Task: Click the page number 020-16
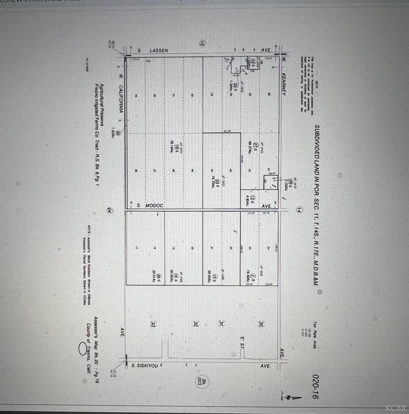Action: click(316, 387)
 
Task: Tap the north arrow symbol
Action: click(294, 397)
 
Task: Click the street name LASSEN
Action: click(159, 51)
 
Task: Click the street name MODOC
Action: click(154, 206)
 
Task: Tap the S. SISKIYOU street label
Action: click(145, 366)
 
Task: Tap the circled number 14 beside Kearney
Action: click(299, 210)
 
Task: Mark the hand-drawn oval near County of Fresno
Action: click(82, 349)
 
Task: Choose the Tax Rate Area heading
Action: click(315, 334)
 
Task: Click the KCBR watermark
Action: click(396, 408)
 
